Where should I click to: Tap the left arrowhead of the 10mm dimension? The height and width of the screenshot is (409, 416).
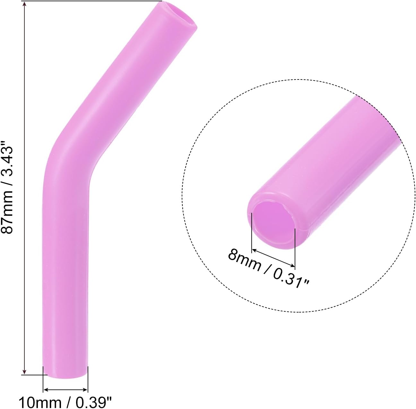click(x=45, y=390)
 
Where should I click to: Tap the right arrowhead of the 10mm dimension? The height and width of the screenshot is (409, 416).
click(x=86, y=390)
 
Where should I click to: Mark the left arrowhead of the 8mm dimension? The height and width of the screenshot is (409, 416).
click(x=254, y=249)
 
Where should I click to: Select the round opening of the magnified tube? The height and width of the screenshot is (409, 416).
click(x=273, y=223)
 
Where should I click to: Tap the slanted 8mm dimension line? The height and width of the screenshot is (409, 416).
click(x=273, y=257)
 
